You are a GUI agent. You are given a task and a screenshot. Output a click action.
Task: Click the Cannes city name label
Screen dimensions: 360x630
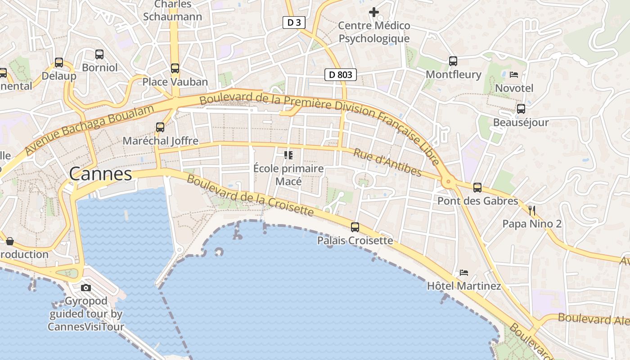click(x=100, y=174)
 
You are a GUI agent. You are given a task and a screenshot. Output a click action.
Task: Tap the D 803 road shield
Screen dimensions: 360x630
click(x=341, y=75)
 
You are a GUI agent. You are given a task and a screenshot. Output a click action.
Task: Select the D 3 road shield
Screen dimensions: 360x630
click(x=294, y=22)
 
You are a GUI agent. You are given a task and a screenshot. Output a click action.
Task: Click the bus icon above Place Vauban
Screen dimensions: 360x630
click(x=175, y=68)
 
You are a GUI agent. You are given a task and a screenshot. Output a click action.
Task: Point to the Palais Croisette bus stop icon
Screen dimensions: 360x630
click(x=355, y=227)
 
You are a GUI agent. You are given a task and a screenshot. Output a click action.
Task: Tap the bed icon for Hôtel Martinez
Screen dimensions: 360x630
click(x=464, y=273)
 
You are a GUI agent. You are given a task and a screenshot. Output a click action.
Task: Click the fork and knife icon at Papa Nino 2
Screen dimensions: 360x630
click(x=532, y=210)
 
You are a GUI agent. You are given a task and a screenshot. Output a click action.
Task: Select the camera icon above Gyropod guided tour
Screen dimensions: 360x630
click(x=86, y=288)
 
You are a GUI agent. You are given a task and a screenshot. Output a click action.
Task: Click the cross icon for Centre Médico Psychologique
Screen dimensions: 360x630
click(x=374, y=12)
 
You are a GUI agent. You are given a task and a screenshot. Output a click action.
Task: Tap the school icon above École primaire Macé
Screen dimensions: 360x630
click(x=288, y=155)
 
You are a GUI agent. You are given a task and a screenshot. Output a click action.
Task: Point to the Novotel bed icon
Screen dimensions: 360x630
click(x=514, y=75)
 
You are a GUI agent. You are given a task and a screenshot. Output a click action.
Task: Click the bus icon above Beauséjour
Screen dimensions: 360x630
click(x=521, y=109)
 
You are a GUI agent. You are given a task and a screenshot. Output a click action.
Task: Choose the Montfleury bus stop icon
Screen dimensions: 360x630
click(x=453, y=61)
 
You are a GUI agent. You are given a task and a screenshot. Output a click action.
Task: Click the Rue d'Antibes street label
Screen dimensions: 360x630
click(x=387, y=162)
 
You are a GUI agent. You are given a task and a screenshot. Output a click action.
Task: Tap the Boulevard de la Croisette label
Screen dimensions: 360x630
click(x=250, y=195)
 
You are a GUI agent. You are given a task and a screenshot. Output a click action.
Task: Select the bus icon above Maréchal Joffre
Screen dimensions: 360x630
click(x=160, y=127)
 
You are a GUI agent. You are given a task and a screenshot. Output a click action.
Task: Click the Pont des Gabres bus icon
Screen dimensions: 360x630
click(x=477, y=188)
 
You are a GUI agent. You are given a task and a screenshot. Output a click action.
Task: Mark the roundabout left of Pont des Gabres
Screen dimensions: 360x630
click(x=448, y=182)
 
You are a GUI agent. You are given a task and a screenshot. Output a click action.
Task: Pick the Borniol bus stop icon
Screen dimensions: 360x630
click(x=99, y=54)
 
